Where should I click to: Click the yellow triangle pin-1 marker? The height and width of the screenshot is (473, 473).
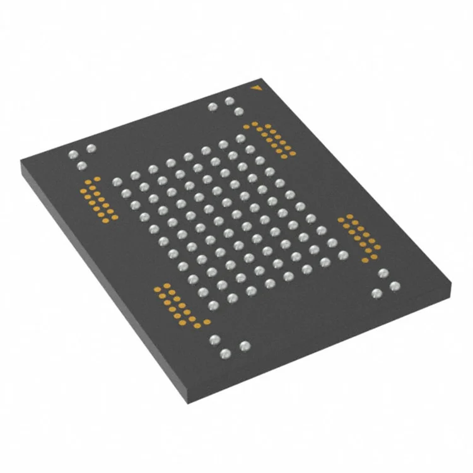pos(255,88)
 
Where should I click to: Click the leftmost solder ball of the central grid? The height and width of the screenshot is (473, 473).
pos(116,182)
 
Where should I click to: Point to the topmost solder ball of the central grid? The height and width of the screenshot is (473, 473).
pos(240,138)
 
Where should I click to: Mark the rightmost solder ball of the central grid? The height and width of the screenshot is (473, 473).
pos(343,255)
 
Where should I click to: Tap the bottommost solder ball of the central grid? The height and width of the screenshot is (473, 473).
pos(214,306)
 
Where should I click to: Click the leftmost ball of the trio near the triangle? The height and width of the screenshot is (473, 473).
pos(213,107)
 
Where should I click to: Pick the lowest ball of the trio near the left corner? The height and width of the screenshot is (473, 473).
pos(81,166)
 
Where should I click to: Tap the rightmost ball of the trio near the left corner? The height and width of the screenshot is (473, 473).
pos(91,149)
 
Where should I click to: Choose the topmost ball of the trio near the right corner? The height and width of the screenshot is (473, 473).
pos(383,273)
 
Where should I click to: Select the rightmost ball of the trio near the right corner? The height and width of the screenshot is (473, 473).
pos(395,286)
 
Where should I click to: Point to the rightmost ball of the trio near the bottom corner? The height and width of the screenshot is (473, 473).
pos(245,345)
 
